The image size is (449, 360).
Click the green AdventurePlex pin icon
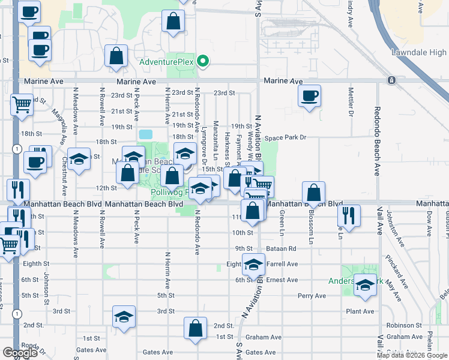tap(203, 62)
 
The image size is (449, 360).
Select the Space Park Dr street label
tap(286, 137)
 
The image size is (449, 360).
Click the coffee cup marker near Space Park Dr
tap(309, 96)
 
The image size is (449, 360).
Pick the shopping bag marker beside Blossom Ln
tap(313, 193)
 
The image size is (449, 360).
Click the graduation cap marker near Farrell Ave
tap(254, 263)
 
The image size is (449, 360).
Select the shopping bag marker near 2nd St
tap(195, 328)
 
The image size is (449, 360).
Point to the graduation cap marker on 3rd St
tap(124, 317)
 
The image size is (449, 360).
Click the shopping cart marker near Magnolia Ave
tap(22, 105)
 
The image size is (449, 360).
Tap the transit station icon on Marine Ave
tap(391, 80)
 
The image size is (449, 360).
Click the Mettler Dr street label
tap(350, 103)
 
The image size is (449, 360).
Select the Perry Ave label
tap(311, 296)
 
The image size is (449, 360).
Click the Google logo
tap(19, 353)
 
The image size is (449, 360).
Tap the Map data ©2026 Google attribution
tap(412, 355)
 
